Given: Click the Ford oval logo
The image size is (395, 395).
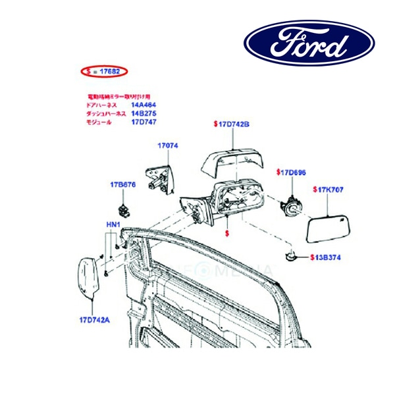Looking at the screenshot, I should click(x=309, y=43).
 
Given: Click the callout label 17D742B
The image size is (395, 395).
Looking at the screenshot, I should click(x=232, y=124).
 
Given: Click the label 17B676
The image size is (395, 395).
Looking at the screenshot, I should click(x=123, y=185).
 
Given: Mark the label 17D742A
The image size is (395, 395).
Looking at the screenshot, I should click(x=90, y=321).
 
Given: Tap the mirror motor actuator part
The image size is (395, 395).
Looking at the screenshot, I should click(x=292, y=205).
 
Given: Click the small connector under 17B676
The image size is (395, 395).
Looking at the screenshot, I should click(x=122, y=209).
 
